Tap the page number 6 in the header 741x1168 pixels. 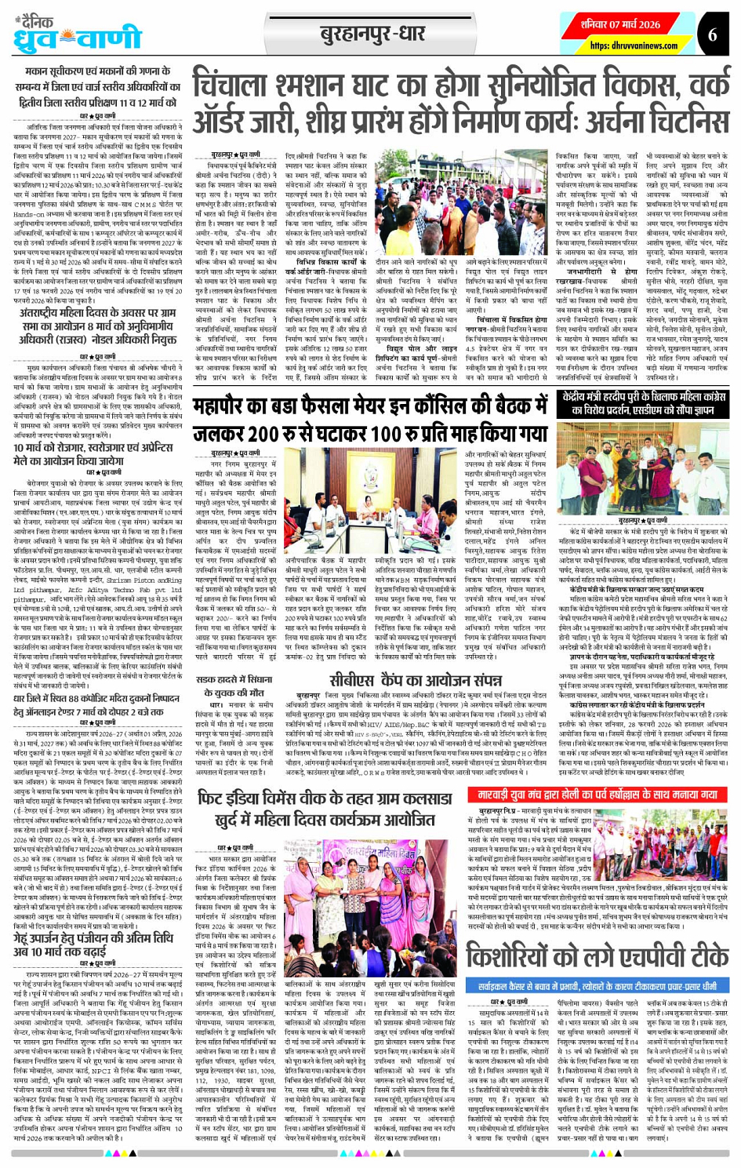coord(712,35)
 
